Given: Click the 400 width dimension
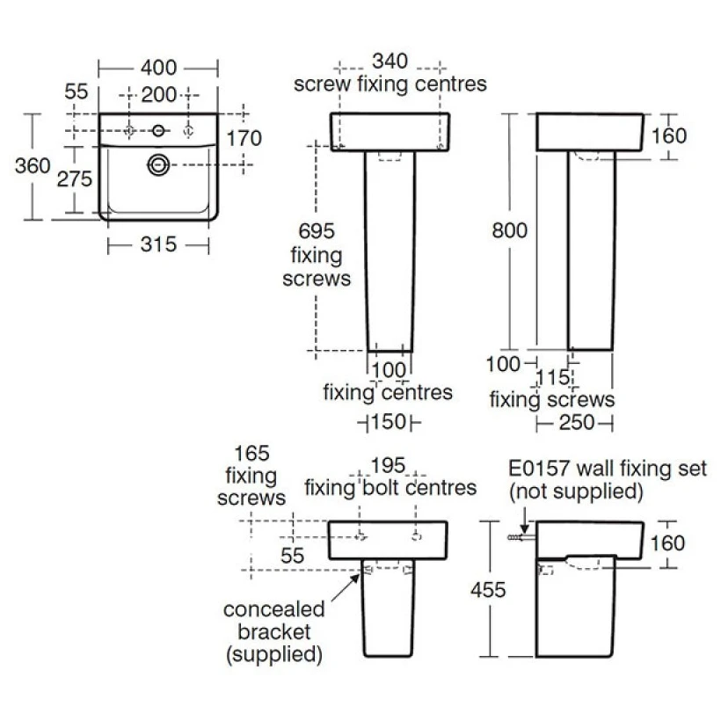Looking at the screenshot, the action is pyautogui.click(x=158, y=68).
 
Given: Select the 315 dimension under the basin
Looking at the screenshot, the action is pyautogui.click(x=158, y=244).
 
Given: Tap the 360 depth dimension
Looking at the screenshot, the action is pyautogui.click(x=33, y=165).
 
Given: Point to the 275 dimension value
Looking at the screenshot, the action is pyautogui.click(x=75, y=178).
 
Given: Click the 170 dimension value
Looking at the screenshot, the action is pyautogui.click(x=244, y=138).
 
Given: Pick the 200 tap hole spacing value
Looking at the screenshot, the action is pyautogui.click(x=158, y=95).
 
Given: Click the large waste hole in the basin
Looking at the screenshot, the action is pyautogui.click(x=158, y=164).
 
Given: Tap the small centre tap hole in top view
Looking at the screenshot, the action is pyautogui.click(x=158, y=131).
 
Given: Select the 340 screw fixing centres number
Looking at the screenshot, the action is pyautogui.click(x=390, y=62).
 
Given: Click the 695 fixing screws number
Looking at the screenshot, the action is pyautogui.click(x=317, y=231).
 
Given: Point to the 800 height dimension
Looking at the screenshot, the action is pyautogui.click(x=509, y=230).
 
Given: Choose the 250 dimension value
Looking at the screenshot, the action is pyautogui.click(x=577, y=423).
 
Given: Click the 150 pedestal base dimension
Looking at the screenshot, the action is pyautogui.click(x=389, y=422).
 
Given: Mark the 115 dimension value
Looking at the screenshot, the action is pyautogui.click(x=553, y=378).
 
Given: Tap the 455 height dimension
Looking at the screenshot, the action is pyautogui.click(x=488, y=589).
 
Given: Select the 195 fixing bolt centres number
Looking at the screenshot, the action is pyautogui.click(x=388, y=465).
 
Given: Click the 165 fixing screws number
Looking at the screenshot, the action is pyautogui.click(x=251, y=454).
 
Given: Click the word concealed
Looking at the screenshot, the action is pyautogui.click(x=274, y=609).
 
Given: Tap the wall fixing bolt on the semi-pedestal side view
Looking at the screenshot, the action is pyautogui.click(x=521, y=537).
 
